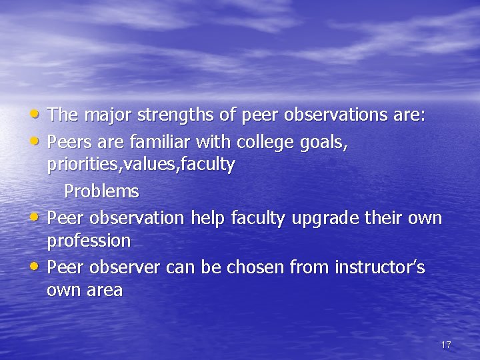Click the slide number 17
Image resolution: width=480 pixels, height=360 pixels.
pyautogui.click(x=446, y=345)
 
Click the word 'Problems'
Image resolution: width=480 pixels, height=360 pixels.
pyautogui.click(x=101, y=192)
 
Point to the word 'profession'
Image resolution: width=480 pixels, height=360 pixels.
pyautogui.click(x=89, y=241)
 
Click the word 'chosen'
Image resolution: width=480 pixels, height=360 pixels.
pyautogui.click(x=255, y=267)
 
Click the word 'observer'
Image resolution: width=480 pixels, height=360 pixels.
pyautogui.click(x=125, y=267)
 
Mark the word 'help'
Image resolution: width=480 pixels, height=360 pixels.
pyautogui.click(x=207, y=218)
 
